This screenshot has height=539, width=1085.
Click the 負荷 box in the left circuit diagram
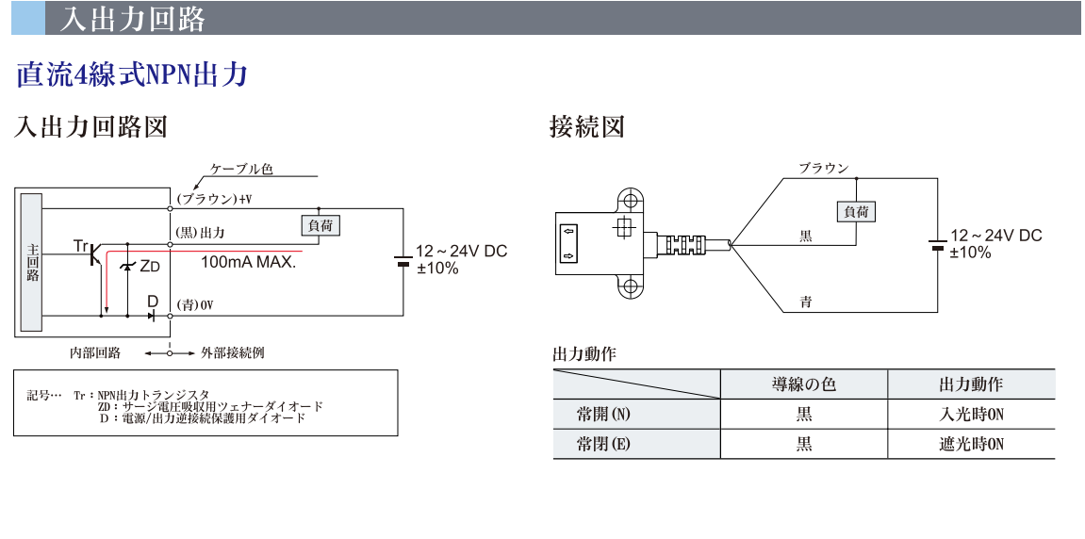tap(319, 225)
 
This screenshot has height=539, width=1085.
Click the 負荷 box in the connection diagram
tap(856, 212)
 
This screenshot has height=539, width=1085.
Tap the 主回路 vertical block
tap(32, 262)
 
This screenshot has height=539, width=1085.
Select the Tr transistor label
tap(80, 246)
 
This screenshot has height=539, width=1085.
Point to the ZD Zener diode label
tap(149, 267)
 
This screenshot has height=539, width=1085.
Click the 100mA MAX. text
tap(248, 263)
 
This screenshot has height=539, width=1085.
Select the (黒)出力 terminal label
tap(201, 232)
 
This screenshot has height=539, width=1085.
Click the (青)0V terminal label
tap(195, 304)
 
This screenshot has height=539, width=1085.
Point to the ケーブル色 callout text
tap(241, 169)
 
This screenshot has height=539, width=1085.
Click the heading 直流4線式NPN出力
tap(132, 75)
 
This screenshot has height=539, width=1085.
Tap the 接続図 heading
tap(586, 126)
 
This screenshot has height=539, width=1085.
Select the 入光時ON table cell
tap(971, 414)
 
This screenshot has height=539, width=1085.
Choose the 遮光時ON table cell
tap(971, 444)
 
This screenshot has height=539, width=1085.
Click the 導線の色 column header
tap(803, 384)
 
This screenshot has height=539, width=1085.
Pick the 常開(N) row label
tap(603, 414)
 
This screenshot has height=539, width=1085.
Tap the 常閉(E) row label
tap(603, 444)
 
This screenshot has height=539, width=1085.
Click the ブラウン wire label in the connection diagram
tap(823, 168)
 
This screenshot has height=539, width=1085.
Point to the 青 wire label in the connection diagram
tap(806, 302)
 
